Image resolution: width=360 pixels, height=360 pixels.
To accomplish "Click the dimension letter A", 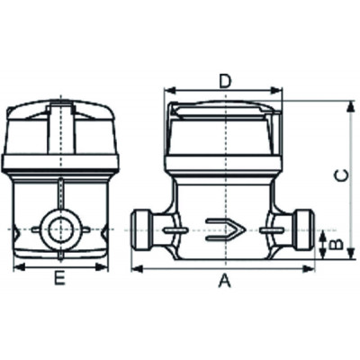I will point(225,282).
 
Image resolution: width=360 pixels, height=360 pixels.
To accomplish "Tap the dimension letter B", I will point(334,243).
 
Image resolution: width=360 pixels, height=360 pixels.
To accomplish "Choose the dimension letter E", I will point(59,279).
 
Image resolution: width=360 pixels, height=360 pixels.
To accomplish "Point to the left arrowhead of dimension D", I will point(167,91).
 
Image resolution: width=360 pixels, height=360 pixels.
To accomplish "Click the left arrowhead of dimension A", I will point(136,268).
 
